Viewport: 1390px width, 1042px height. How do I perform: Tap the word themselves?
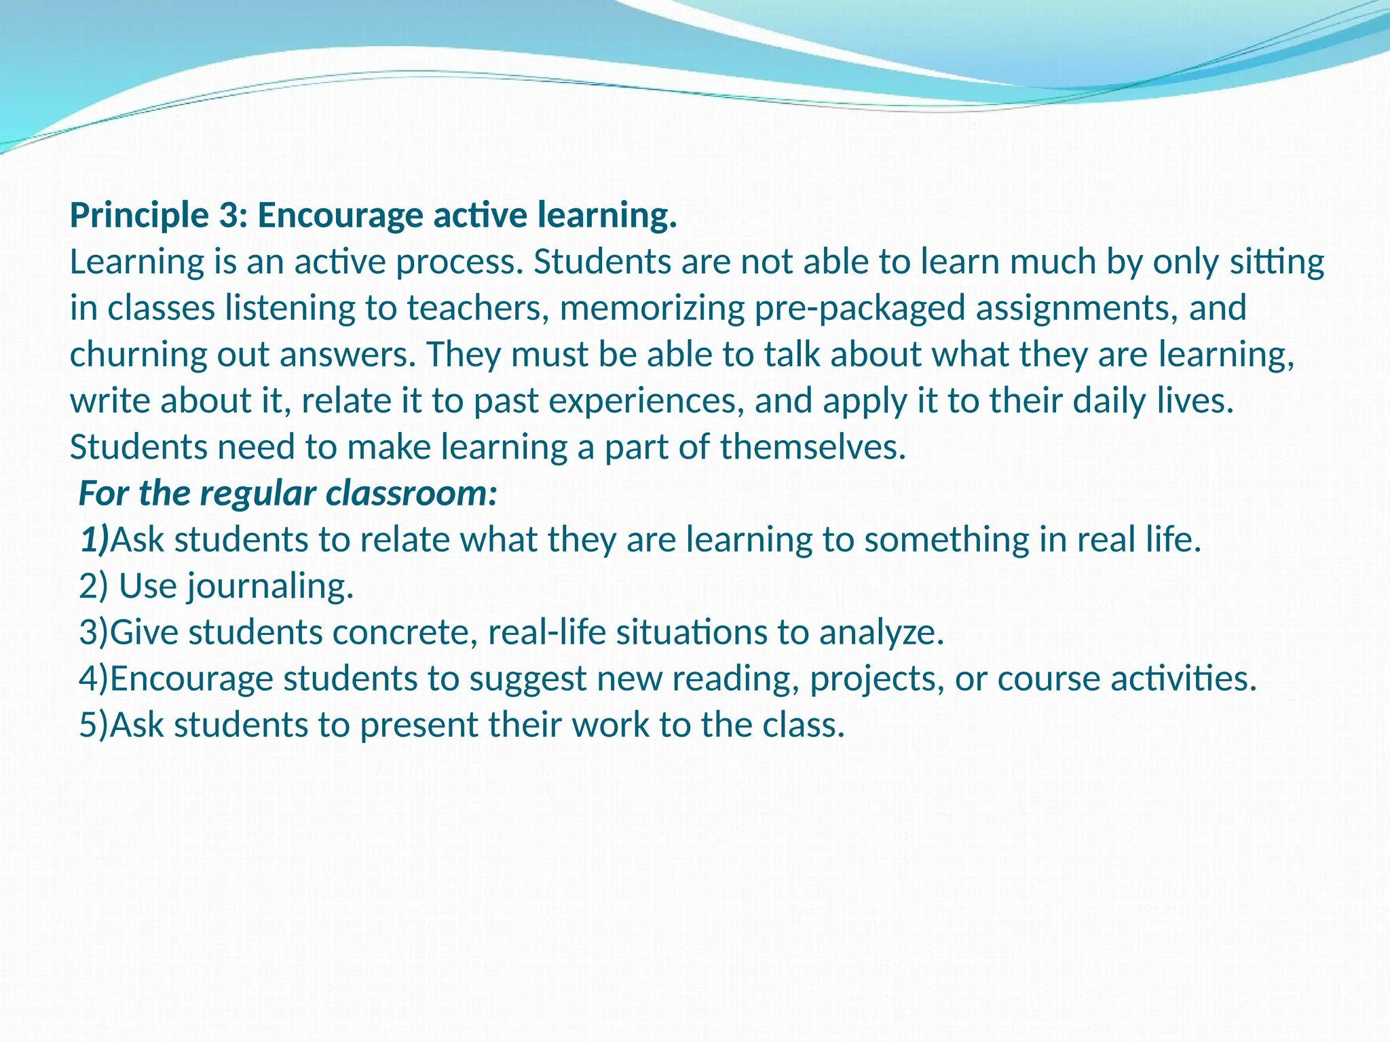(x=812, y=447)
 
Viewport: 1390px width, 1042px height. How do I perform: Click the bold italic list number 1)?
(x=94, y=540)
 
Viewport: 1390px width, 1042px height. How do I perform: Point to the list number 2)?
(x=93, y=586)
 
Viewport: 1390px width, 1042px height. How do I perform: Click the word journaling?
(x=270, y=587)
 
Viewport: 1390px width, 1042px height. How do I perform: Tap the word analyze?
(x=882, y=634)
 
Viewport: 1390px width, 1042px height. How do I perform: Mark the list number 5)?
(x=94, y=725)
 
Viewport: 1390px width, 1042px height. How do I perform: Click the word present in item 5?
(x=418, y=726)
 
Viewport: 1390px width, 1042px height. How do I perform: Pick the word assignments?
(x=1072, y=309)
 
